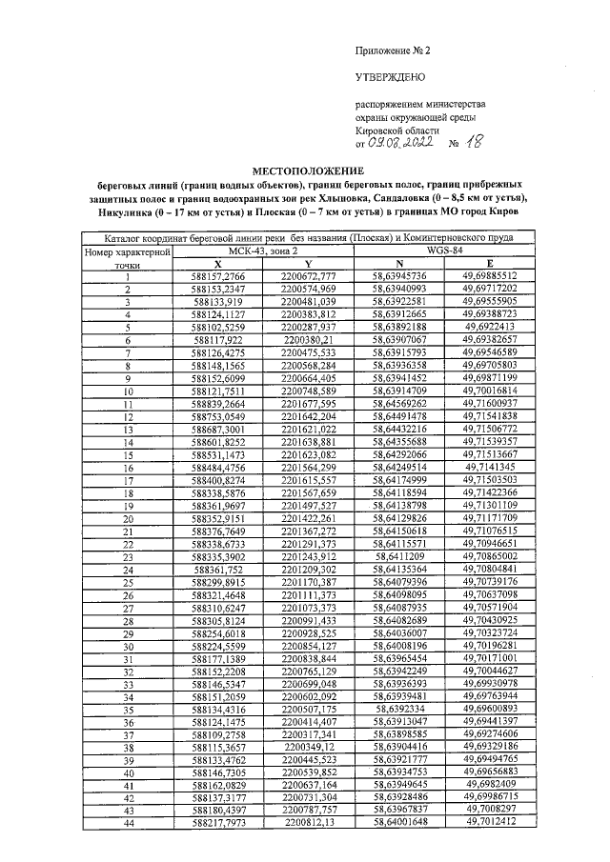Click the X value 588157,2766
point(217,276)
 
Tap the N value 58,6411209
point(399,554)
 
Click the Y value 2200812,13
point(308,820)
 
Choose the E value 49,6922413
point(489,325)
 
